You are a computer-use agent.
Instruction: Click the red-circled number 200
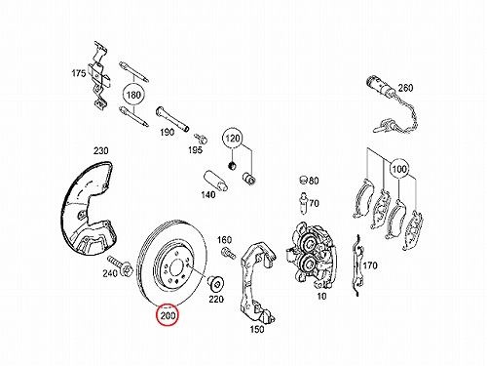168,315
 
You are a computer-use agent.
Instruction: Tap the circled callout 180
133,95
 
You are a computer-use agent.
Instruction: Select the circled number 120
233,139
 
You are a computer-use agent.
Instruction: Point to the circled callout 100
399,169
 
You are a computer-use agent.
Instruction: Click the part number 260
405,88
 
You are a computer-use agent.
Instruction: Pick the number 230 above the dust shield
101,150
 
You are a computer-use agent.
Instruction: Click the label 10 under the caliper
321,297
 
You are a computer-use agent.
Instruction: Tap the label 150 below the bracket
257,329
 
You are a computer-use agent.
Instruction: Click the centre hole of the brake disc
175,265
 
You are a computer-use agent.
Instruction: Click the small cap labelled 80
303,180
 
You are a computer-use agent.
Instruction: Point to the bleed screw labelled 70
303,203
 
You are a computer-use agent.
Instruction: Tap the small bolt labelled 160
229,253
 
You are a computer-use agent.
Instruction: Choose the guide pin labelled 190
172,119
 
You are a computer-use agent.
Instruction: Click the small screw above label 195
202,138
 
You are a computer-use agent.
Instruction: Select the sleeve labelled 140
215,181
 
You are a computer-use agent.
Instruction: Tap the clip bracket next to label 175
100,75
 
